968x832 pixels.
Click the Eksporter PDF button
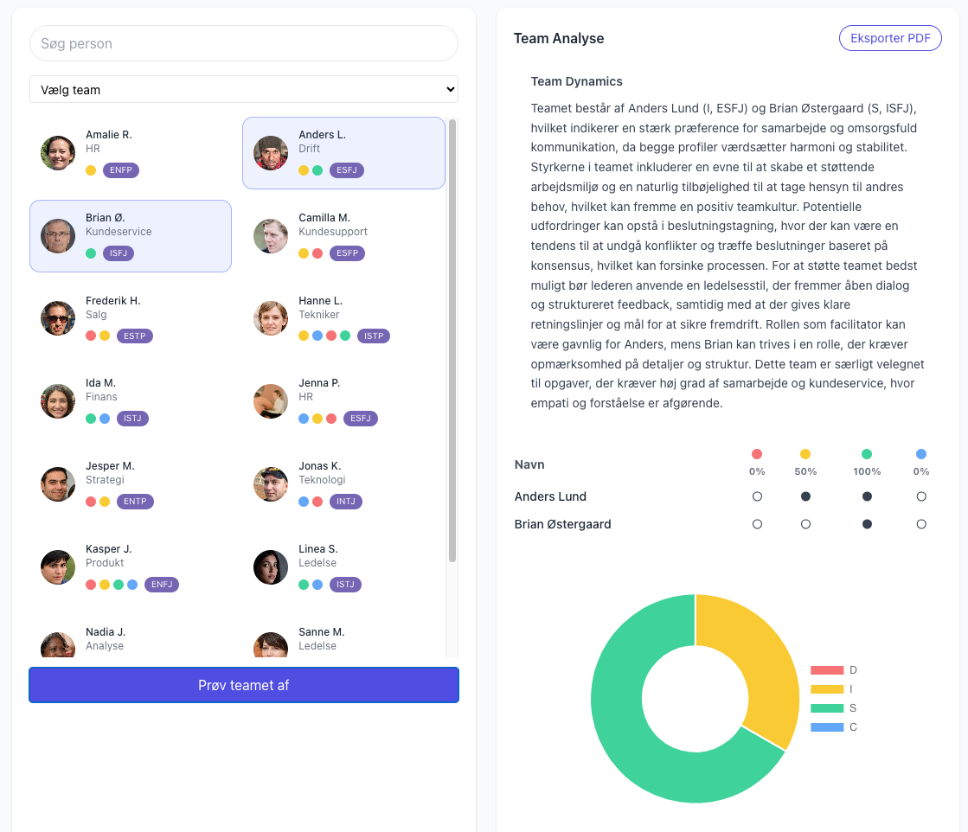pos(889,38)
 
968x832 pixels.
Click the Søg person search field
pos(244,43)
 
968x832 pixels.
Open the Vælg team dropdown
pos(244,89)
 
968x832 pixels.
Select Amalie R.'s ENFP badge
pos(121,170)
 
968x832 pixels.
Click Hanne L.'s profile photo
pos(271,318)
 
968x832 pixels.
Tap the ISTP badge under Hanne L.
pos(374,336)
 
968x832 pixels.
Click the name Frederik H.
pos(113,301)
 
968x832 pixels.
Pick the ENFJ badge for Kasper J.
pos(162,585)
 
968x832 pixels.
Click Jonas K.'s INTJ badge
pos(346,501)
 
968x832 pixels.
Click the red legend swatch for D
pos(827,670)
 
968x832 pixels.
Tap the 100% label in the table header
pos(867,471)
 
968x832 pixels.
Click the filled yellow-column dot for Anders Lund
pos(805,496)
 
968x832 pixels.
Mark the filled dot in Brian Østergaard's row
pos(867,524)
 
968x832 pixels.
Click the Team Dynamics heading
pos(577,81)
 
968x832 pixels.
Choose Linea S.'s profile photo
pos(271,567)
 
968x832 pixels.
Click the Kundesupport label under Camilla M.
pos(333,232)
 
